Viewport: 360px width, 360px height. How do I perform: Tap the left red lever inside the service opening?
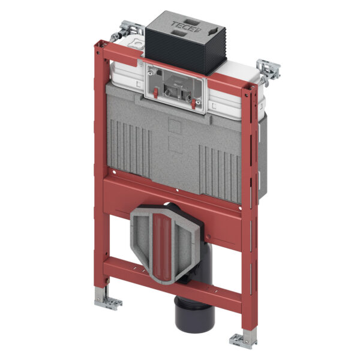[x=155, y=94]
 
